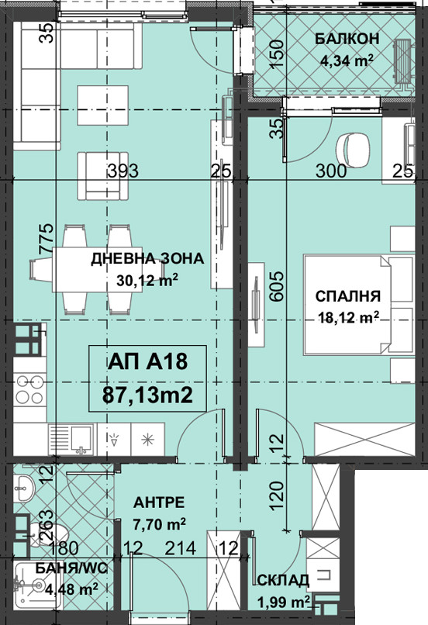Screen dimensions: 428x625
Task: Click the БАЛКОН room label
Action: (x=347, y=39)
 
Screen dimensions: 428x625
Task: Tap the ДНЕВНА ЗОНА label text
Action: (x=147, y=259)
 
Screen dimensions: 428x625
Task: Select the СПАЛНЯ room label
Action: (x=348, y=296)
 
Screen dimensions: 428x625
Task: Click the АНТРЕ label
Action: (x=159, y=502)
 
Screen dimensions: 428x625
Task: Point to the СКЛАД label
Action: (x=283, y=580)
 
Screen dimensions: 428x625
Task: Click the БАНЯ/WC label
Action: (x=71, y=568)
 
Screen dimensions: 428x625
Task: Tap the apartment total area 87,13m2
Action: (x=148, y=395)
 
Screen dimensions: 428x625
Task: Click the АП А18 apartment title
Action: (x=147, y=362)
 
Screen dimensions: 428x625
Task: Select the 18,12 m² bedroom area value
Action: (x=348, y=318)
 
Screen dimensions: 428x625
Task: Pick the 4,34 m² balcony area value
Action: (x=347, y=60)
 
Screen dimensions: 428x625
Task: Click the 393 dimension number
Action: (x=123, y=171)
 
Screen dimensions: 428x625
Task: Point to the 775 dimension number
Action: (x=46, y=239)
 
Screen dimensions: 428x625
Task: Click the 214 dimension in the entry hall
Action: (x=181, y=548)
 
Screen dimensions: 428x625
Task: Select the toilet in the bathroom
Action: (x=49, y=535)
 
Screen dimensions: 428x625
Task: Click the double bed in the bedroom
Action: (x=359, y=305)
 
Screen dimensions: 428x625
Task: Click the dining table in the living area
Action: (x=98, y=270)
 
